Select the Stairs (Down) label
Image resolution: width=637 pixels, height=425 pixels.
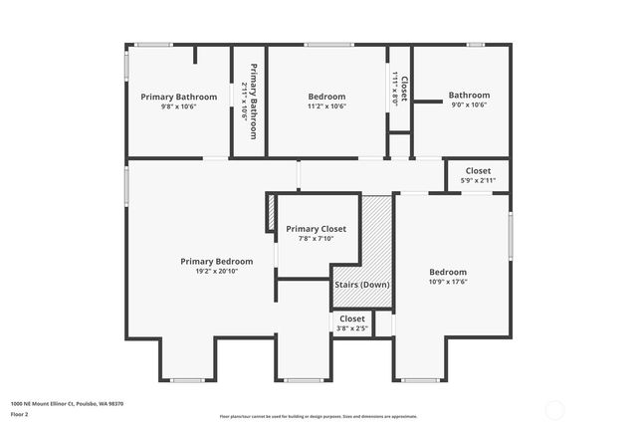[362, 285]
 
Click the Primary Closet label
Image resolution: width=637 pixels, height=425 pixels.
[316, 229]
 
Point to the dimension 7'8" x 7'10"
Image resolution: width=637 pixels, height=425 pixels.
[316, 239]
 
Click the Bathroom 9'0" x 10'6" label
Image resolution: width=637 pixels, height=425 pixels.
[468, 96]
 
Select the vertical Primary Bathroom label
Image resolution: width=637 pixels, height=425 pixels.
[254, 101]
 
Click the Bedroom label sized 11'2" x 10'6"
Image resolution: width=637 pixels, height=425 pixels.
[326, 97]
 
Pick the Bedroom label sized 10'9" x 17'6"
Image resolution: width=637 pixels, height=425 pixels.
[447, 272]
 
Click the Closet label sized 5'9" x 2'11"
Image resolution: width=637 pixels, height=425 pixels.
[478, 171]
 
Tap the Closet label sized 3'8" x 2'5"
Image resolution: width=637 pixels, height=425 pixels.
[351, 319]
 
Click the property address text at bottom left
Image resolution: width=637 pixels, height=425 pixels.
[52, 402]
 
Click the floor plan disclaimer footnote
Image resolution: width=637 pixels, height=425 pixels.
[318, 417]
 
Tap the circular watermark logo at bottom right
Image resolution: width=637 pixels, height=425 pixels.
[556, 408]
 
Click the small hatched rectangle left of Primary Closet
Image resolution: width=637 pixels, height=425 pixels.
[270, 213]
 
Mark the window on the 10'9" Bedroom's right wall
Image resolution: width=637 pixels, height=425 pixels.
[511, 238]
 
